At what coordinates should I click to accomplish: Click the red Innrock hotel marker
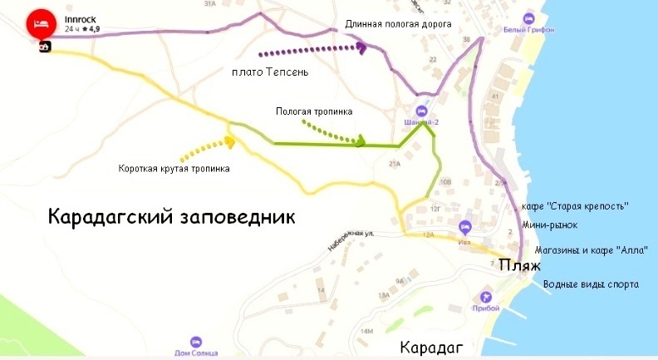(37, 22)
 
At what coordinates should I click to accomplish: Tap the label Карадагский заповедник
(171, 217)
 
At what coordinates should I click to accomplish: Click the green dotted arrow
(332, 133)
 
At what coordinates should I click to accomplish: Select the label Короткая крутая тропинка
(174, 169)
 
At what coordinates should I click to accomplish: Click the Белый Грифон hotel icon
(528, 18)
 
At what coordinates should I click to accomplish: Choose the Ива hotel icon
(465, 226)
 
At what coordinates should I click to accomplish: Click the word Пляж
(519, 266)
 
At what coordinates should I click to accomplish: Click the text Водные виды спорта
(591, 284)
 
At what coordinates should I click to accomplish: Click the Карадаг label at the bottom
(430, 347)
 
